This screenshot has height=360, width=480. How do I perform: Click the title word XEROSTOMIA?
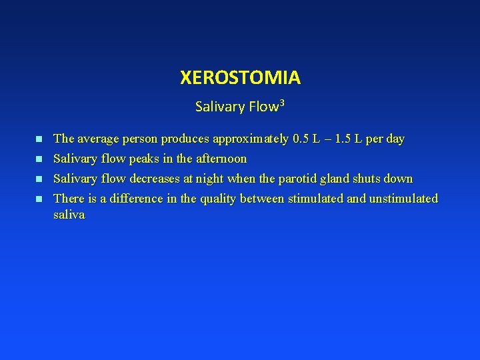coord(240,78)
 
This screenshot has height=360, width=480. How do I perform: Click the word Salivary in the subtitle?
coord(218,106)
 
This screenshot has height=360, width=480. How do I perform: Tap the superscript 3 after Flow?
coord(282,102)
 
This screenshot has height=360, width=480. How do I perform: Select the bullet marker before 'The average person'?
coord(39,139)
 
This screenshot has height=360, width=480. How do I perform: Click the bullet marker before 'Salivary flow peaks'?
coord(39,159)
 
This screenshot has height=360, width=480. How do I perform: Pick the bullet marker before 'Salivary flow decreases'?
coord(39,179)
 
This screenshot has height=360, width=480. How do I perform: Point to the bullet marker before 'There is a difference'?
coord(39,199)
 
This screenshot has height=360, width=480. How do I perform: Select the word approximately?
coord(251,139)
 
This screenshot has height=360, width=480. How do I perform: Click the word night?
coord(210,179)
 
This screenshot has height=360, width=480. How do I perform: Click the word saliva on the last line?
coord(69,216)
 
